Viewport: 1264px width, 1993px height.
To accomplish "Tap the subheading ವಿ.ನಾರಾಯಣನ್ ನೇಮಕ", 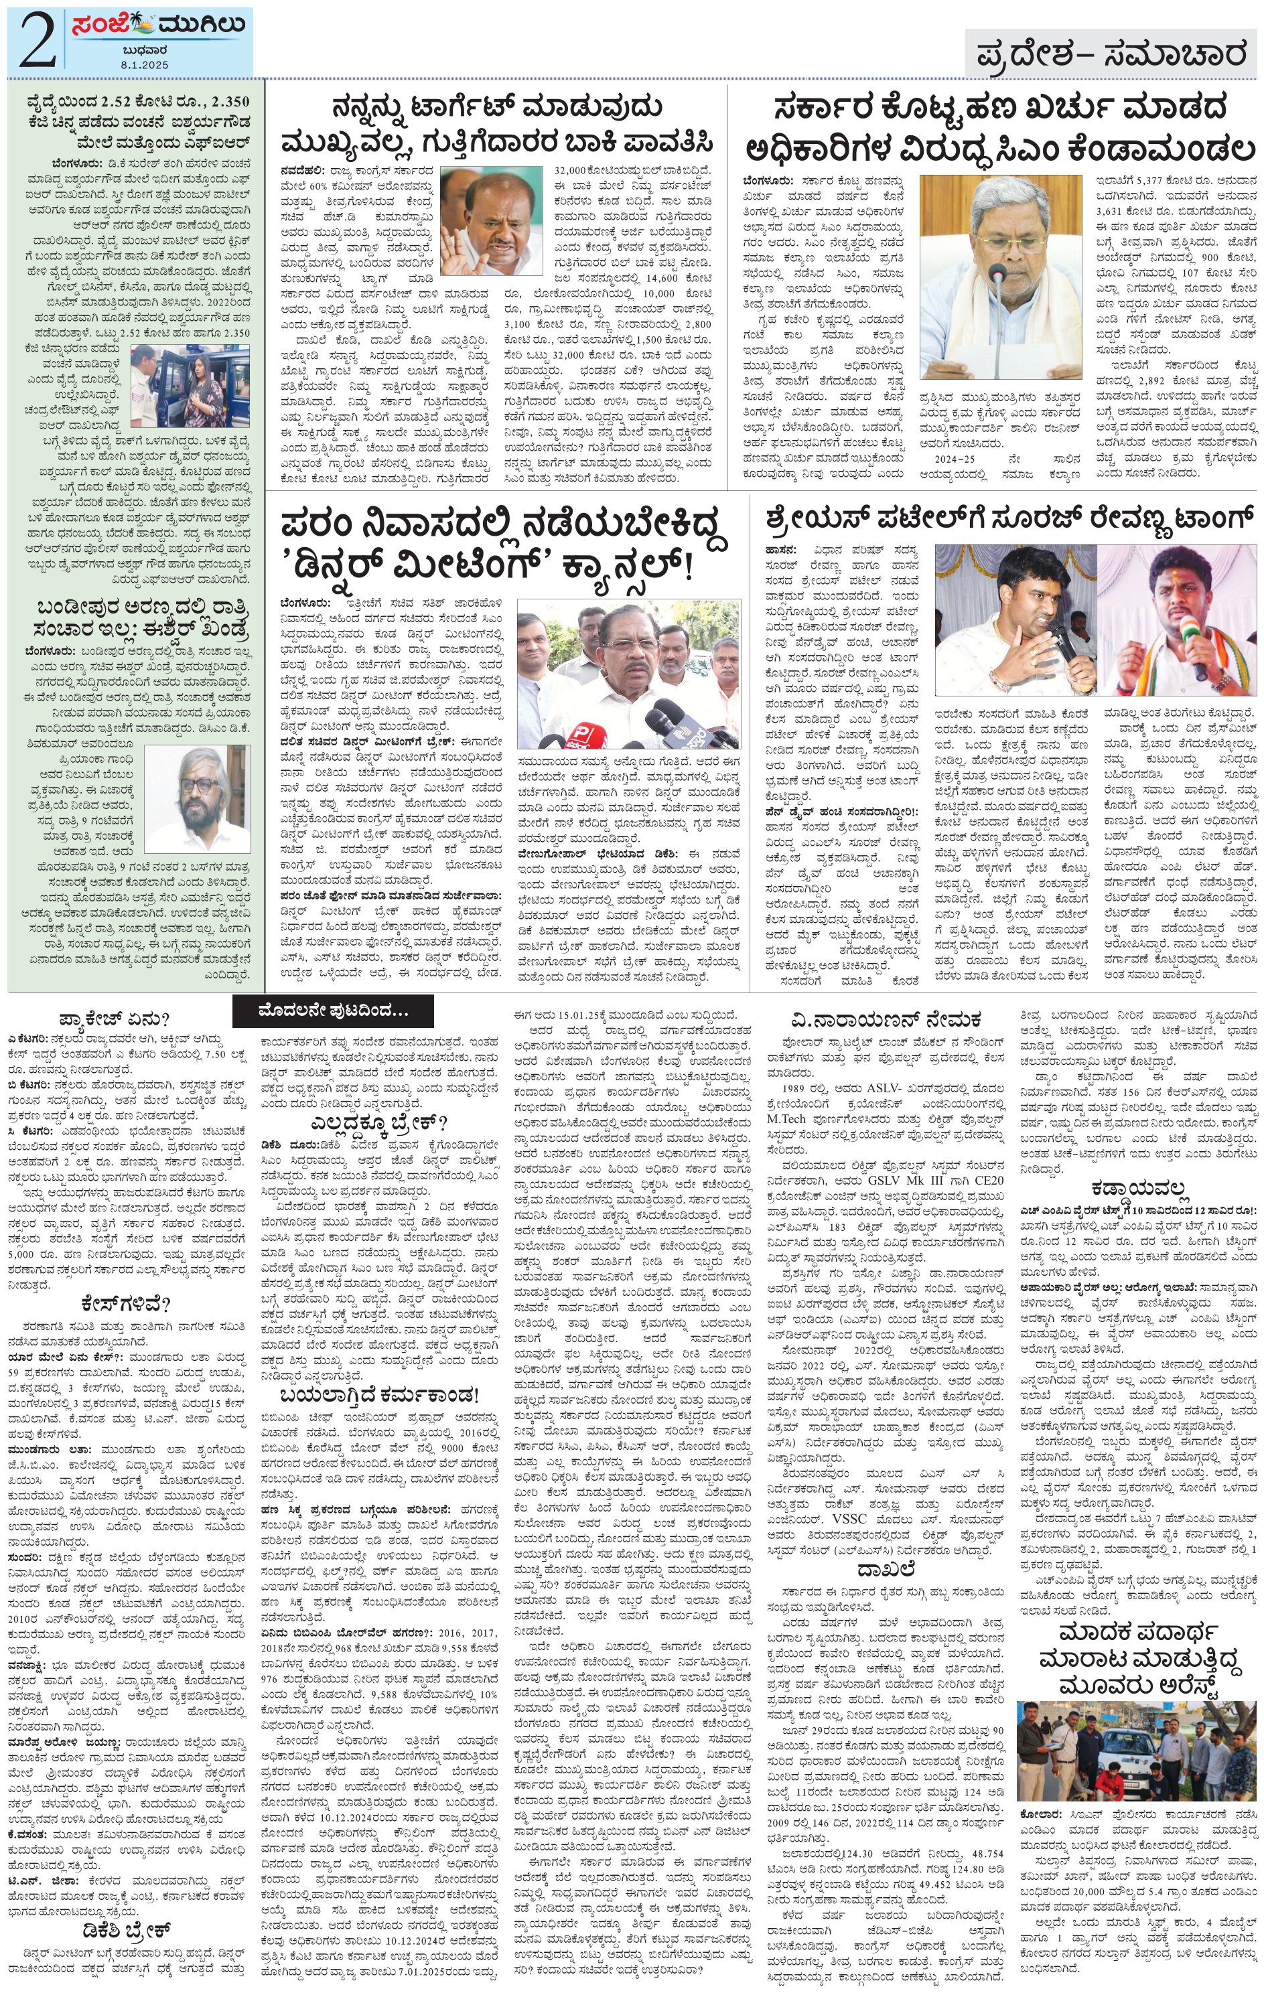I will tap(885, 1017).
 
